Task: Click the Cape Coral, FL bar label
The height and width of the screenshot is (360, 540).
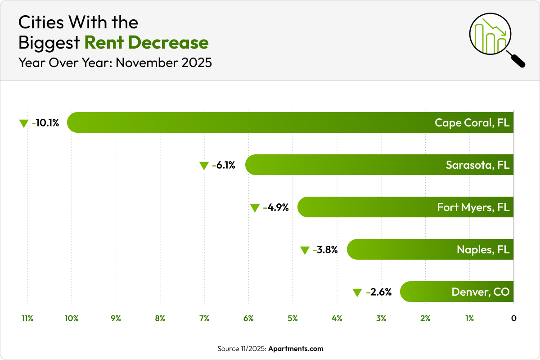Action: point(472,123)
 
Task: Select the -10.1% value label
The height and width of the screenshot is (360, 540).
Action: point(45,123)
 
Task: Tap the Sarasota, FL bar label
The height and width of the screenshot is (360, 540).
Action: point(477,165)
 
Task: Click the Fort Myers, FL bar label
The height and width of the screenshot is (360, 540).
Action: point(473,207)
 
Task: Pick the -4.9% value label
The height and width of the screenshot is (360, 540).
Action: point(276,207)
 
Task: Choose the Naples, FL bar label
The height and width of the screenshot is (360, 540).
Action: point(483,250)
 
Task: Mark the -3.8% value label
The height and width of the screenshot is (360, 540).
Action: point(325,250)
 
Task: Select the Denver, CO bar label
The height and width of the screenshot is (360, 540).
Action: point(481,292)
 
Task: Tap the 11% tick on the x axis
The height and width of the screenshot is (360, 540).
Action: point(27,319)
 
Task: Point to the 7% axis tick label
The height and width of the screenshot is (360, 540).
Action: point(204,319)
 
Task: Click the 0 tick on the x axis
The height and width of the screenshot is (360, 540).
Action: point(513,319)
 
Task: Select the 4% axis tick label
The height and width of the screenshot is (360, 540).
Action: point(337,319)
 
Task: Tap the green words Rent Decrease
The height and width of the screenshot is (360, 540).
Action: point(146,43)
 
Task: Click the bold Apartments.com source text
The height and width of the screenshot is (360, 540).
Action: point(296,349)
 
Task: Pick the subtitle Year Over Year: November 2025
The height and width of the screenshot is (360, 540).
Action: point(115,63)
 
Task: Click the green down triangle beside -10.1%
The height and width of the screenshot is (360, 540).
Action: point(24,123)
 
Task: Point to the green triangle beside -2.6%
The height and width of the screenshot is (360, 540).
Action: point(357,292)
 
